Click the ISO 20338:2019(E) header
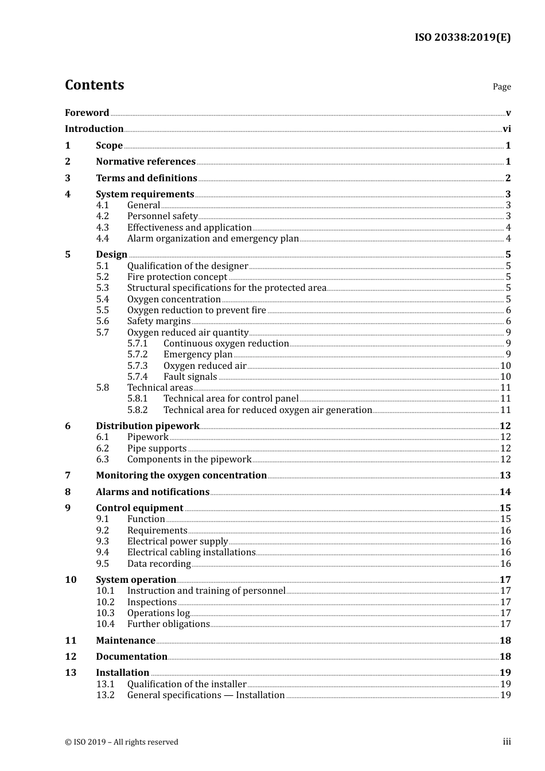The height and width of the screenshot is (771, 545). point(462,38)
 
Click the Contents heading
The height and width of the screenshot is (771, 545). point(94,85)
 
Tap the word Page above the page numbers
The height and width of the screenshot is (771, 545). point(501,87)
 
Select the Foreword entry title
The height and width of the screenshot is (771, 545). point(87,112)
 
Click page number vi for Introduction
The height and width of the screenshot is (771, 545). point(507,129)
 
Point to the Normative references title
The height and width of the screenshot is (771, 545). point(146,162)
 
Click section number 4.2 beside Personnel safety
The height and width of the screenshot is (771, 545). point(103,216)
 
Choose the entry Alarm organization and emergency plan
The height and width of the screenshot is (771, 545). point(213,239)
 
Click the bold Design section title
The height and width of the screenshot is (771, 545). point(111,255)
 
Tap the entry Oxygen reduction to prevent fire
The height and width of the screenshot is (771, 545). point(196,310)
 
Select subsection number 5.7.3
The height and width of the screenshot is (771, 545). point(137,366)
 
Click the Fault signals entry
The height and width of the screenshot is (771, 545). point(190,377)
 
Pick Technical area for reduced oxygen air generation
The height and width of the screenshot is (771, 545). point(267,410)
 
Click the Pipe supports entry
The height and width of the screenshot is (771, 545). point(157,449)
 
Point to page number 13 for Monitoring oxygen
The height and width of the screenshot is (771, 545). point(505,476)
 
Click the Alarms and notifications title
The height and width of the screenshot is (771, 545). point(153,492)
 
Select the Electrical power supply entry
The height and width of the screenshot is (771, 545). point(177,542)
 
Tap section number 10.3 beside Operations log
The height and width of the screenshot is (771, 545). point(105,613)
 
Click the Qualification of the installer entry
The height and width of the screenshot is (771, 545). point(186,684)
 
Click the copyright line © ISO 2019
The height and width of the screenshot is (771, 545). point(122,742)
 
